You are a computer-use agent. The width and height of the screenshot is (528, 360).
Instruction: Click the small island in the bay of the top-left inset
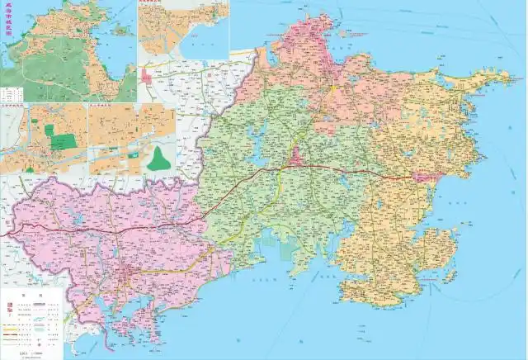point(121,31)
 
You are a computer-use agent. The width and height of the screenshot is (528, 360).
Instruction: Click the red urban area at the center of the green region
point(295,157)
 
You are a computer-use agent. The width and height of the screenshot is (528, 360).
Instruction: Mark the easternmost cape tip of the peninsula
point(509,77)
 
